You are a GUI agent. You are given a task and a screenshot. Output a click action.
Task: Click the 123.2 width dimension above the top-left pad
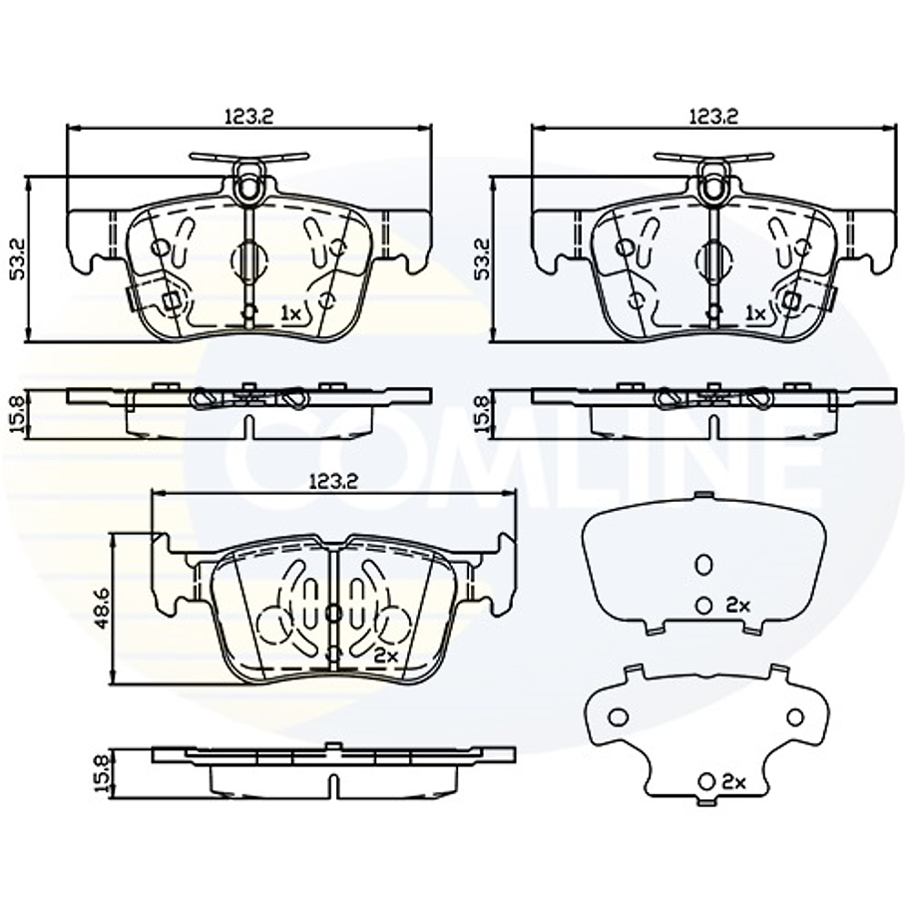tap(249, 117)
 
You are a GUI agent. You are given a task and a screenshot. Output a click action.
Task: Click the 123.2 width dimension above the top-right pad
tap(712, 117)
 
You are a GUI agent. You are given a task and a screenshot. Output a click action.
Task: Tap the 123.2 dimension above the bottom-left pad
tap(333, 481)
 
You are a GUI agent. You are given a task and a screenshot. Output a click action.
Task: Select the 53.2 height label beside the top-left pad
tap(19, 258)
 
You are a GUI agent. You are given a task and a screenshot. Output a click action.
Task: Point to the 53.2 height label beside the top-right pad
tap(482, 258)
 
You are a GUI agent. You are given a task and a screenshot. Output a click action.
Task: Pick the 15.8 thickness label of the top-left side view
tap(19, 414)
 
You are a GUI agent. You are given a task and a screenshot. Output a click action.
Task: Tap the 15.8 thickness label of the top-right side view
tap(482, 414)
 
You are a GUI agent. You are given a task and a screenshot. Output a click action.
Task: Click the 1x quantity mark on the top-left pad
tap(291, 314)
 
